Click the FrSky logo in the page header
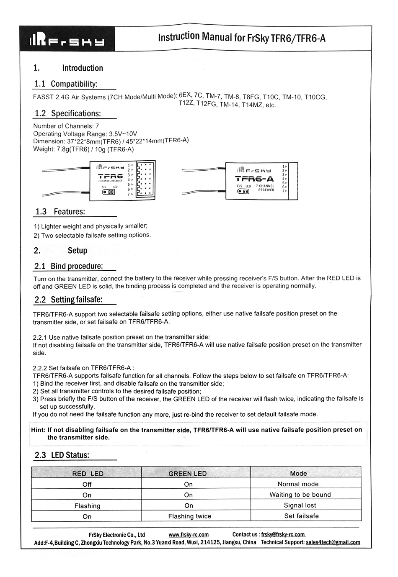67,41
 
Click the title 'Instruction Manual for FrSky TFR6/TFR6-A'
241,38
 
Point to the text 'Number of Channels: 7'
66,126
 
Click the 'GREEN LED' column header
187,474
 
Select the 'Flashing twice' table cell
189,516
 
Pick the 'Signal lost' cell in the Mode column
300,505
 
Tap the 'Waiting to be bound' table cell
300,495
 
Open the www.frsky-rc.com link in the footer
189,535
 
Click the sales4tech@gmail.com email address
333,543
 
